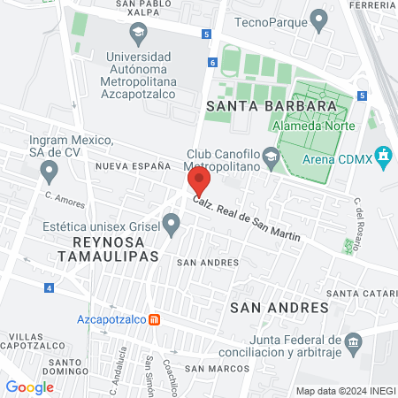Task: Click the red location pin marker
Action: point(199,183)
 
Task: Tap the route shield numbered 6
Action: point(213,63)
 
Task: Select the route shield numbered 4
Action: point(49,287)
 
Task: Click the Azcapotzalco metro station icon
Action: point(154,318)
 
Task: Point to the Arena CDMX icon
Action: point(382,159)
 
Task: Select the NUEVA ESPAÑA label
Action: point(133,165)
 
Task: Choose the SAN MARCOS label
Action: point(209,368)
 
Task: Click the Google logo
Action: point(29,387)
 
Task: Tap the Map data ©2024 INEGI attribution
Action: point(344,391)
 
